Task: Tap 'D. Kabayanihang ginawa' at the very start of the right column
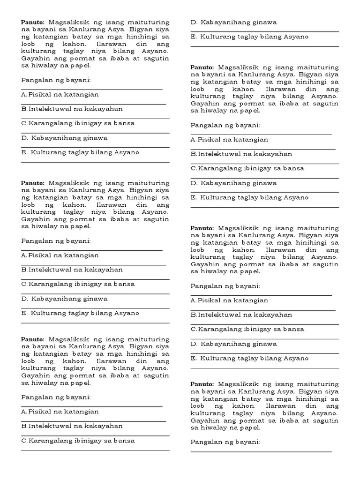(233, 22)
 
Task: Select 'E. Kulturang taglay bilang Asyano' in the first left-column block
(80, 152)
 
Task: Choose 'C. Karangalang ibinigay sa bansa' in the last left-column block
(78, 441)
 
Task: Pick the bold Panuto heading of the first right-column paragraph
(202, 67)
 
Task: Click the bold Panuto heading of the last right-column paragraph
(202, 384)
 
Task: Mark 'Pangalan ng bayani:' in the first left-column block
(56, 80)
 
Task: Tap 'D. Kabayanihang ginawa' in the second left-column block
(64, 299)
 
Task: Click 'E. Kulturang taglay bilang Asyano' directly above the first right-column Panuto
(249, 37)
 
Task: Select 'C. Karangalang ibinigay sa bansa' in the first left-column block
(78, 123)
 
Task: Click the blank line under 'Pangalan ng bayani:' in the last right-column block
(261, 451)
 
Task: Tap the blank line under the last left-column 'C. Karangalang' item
(95, 450)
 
